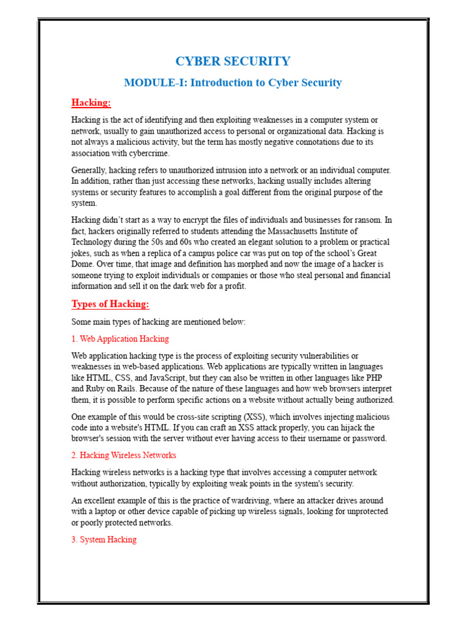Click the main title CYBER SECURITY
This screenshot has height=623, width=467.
[x=233, y=61]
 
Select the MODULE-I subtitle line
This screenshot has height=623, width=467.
[x=233, y=83]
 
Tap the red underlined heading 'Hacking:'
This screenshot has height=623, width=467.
[x=91, y=102]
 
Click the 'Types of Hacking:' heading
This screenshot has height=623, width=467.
[x=110, y=304]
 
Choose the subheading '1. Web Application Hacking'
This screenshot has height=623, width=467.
[x=120, y=339]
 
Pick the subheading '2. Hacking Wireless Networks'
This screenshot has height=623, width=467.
[x=123, y=455]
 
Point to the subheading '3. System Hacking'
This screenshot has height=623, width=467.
[x=104, y=540]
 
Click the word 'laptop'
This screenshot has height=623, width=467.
[x=107, y=512]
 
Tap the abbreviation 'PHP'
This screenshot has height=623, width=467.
[x=382, y=378]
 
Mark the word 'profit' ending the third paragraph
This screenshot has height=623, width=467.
[x=235, y=287]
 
